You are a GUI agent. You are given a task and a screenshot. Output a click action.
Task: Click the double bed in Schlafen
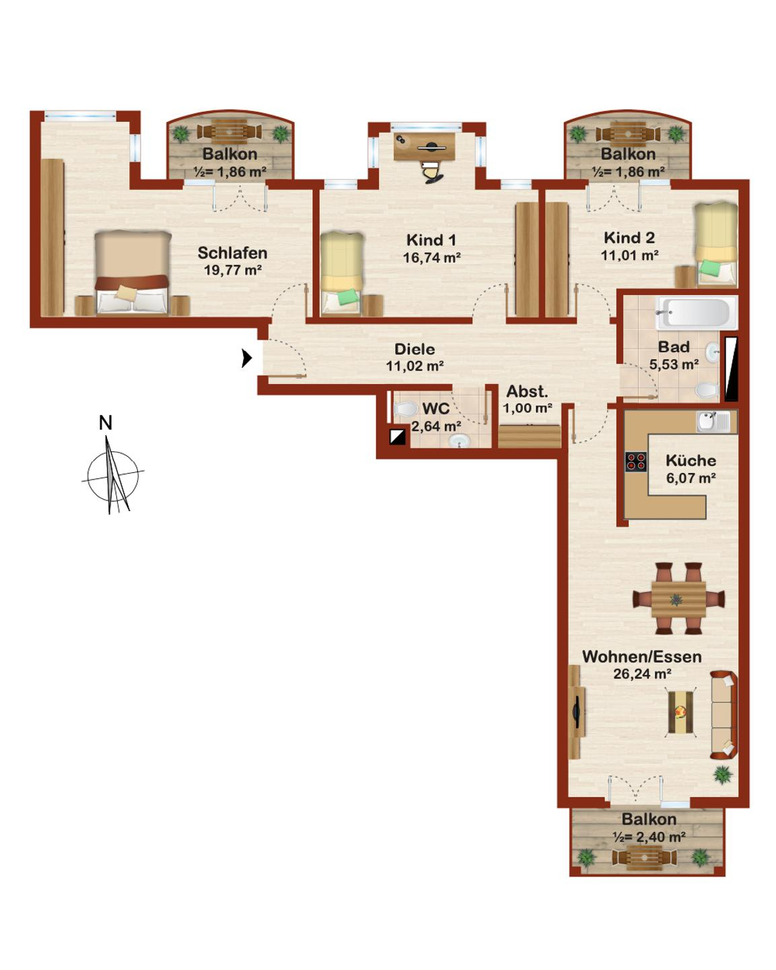point(132,272)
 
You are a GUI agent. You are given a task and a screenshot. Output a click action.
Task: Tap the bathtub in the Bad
point(694,313)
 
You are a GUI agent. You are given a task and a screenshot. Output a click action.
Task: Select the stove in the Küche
point(636,461)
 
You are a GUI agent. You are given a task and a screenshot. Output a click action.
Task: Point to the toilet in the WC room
point(406,409)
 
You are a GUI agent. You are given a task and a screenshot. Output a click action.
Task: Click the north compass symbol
point(112,474)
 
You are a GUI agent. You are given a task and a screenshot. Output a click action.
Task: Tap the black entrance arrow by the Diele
point(247,358)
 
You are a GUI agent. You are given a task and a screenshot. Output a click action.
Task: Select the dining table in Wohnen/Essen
point(678,598)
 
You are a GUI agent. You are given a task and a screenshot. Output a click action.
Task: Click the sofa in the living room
point(724,714)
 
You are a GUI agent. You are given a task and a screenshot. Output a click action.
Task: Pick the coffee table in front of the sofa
point(681,712)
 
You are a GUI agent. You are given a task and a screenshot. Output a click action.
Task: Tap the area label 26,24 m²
point(641,674)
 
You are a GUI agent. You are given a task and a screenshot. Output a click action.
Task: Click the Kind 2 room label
point(629,238)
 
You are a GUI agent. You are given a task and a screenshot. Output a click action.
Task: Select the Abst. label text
point(527,391)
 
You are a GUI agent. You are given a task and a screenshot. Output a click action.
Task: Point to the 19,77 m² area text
point(232,270)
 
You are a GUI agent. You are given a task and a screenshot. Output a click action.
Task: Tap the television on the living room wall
point(577,712)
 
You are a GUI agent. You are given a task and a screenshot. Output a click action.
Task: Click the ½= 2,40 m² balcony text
point(649,837)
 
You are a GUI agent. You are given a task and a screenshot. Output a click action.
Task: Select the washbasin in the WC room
point(460,441)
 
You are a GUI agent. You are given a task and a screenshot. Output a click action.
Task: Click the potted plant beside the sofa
point(723,775)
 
